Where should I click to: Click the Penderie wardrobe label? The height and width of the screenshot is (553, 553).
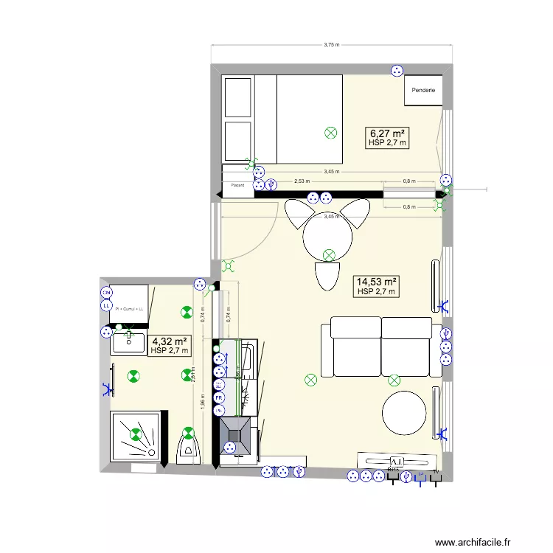click(424, 91)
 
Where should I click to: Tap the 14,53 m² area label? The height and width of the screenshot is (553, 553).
click(377, 282)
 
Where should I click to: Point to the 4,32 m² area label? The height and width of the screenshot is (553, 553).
click(170, 341)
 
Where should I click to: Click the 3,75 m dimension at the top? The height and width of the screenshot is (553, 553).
click(332, 45)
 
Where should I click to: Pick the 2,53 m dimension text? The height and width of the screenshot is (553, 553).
click(302, 181)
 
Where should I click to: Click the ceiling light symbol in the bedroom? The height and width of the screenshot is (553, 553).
click(330, 133)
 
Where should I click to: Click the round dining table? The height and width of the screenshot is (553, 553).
click(327, 237)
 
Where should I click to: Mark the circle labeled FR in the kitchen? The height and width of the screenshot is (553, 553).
click(219, 398)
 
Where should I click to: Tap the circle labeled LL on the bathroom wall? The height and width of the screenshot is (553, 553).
click(105, 305)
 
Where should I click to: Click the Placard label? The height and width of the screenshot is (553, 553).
click(237, 186)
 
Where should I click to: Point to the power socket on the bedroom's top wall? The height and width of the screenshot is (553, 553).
click(396, 71)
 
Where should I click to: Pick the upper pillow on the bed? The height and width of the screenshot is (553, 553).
click(237, 97)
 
